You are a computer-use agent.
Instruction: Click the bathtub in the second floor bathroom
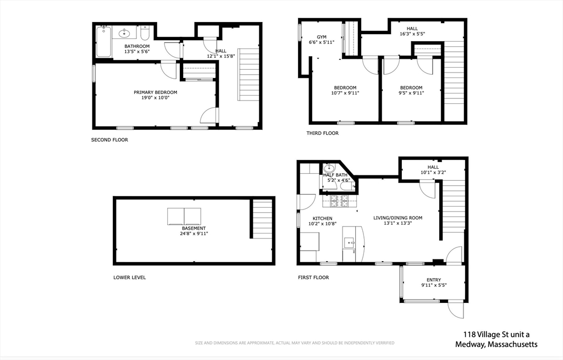(103, 41)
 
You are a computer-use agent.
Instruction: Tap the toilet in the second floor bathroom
(145, 33)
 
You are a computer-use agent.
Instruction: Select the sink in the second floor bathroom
(124, 34)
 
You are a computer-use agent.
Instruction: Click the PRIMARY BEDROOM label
(156, 92)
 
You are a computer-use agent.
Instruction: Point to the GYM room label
(322, 37)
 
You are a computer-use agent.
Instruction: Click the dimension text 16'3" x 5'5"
(412, 34)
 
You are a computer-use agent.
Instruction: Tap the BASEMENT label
(194, 228)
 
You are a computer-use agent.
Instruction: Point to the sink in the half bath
(329, 168)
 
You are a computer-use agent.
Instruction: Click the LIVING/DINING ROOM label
(398, 218)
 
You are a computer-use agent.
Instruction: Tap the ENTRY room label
(434, 280)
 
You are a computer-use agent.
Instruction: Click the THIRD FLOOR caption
(322, 133)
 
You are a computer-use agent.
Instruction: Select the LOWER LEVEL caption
(130, 278)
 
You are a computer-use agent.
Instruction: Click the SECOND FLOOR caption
(109, 140)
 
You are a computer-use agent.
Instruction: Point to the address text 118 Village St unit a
(496, 335)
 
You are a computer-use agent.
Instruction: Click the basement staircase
(262, 219)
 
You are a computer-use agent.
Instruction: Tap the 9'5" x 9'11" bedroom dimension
(411, 93)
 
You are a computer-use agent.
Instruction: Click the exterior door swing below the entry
(456, 310)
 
